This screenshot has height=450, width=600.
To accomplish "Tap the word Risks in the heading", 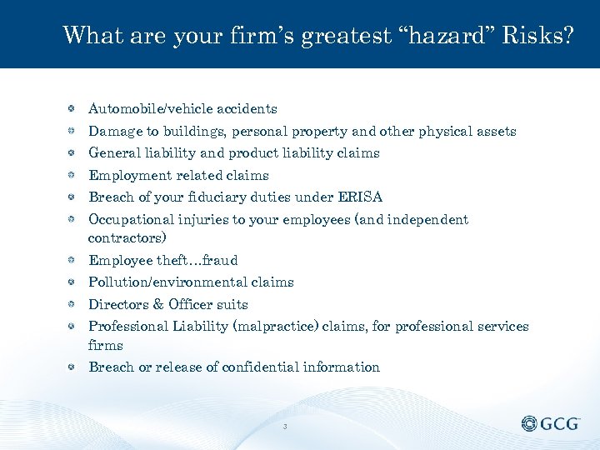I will tap(536, 36).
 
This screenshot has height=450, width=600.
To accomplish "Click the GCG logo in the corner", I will tap(551, 424).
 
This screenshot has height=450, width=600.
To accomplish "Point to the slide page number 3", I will tap(285, 427).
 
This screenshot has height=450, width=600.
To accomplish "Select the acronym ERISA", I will tap(360, 197).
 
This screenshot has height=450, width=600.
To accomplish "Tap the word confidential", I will tap(262, 367).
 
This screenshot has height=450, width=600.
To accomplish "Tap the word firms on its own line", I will tap(106, 345).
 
